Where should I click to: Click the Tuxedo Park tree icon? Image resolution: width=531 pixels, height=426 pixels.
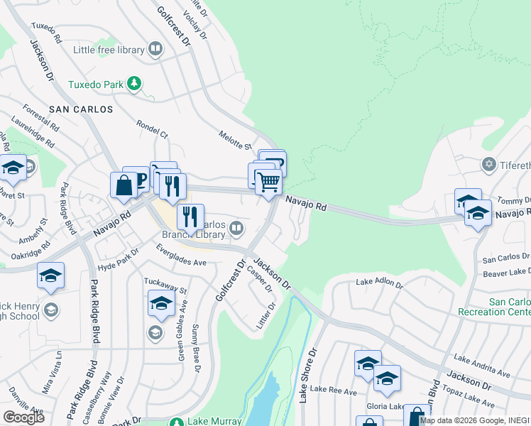(x=134, y=84)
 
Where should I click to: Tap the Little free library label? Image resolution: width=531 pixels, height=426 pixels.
(x=109, y=50)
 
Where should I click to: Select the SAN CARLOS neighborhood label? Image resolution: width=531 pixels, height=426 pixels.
(x=82, y=109)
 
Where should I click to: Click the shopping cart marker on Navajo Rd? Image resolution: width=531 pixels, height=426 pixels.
(x=268, y=182)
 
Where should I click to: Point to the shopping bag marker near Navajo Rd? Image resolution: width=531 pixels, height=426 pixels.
(x=124, y=186)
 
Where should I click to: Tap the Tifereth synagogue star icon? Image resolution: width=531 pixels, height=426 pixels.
(x=488, y=165)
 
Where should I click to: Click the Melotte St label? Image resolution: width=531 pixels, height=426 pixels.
(x=236, y=141)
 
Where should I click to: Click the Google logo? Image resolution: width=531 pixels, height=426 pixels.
(x=23, y=417)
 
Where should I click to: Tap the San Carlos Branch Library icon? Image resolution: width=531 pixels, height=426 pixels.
(x=236, y=228)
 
